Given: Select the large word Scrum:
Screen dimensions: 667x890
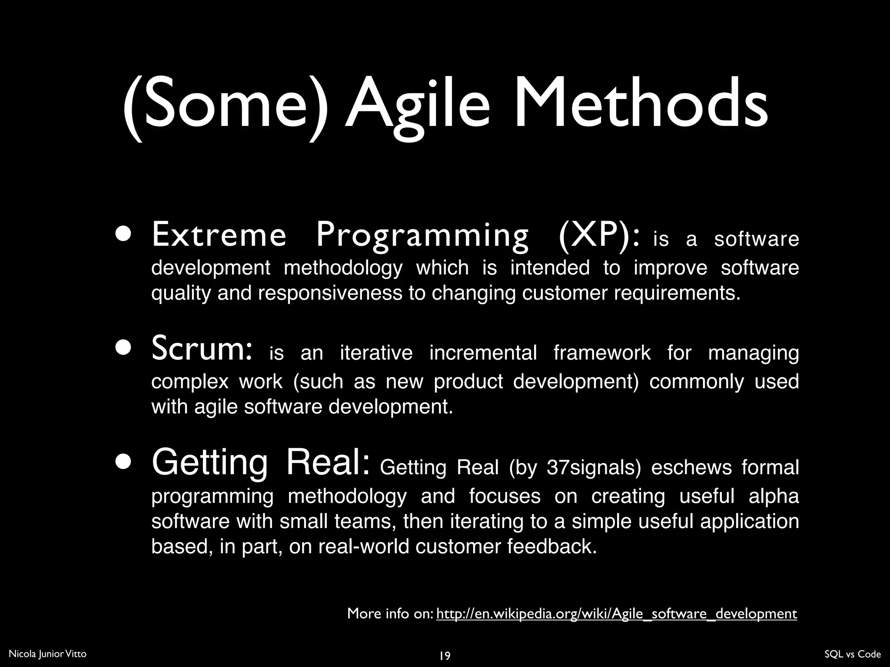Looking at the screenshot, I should click(x=201, y=350).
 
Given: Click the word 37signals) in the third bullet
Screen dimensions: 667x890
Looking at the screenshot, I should click(x=594, y=468).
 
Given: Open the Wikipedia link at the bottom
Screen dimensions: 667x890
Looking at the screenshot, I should click(x=616, y=614).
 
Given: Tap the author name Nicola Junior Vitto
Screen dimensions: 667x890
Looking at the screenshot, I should click(x=47, y=654).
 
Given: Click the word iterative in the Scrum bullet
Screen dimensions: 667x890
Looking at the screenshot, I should click(x=376, y=353).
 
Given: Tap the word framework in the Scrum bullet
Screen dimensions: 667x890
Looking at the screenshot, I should click(x=602, y=353).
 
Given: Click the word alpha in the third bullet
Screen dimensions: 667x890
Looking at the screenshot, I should click(x=774, y=496).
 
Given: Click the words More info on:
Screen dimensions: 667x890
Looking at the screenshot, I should click(x=390, y=614).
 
